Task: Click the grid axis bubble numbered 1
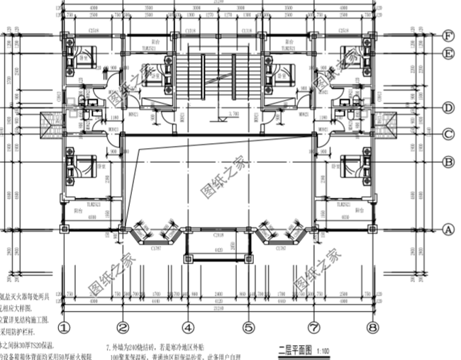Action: (x=65, y=328)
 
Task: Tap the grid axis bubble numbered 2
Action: (x=123, y=328)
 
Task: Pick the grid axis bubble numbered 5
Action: (x=249, y=328)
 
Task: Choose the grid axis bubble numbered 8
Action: (x=372, y=328)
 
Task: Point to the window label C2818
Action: (x=218, y=234)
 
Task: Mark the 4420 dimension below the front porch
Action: (x=218, y=250)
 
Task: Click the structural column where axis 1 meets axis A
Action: (x=65, y=229)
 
